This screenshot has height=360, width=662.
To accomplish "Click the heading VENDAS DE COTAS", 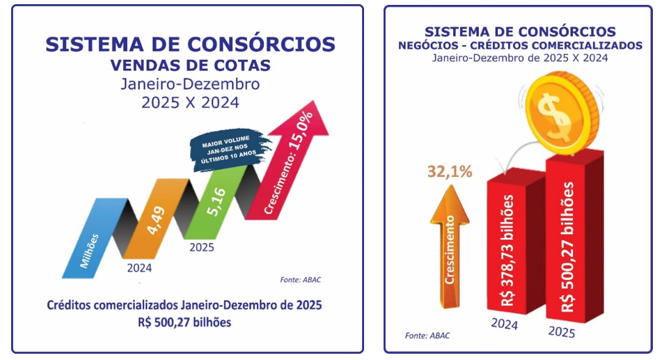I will pos(190,66).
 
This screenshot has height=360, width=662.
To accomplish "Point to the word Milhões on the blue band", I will pos(90,246).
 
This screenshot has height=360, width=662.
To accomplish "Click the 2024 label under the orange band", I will pos(139,267).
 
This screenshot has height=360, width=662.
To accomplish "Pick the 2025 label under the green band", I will pos(202,247).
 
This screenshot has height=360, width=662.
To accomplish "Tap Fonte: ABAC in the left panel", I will pos(300,279).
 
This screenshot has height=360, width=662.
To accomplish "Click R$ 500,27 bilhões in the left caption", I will pos(184,322).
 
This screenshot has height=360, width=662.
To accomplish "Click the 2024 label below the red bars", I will pos(505,324).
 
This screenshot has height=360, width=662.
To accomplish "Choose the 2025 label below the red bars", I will pos(562,332).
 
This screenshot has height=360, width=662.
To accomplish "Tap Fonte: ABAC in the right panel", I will pos(427,336).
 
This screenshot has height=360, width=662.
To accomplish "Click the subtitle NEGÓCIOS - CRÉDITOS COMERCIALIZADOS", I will pos(519,45).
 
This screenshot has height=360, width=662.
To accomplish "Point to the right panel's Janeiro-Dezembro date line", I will pos(519,58).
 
